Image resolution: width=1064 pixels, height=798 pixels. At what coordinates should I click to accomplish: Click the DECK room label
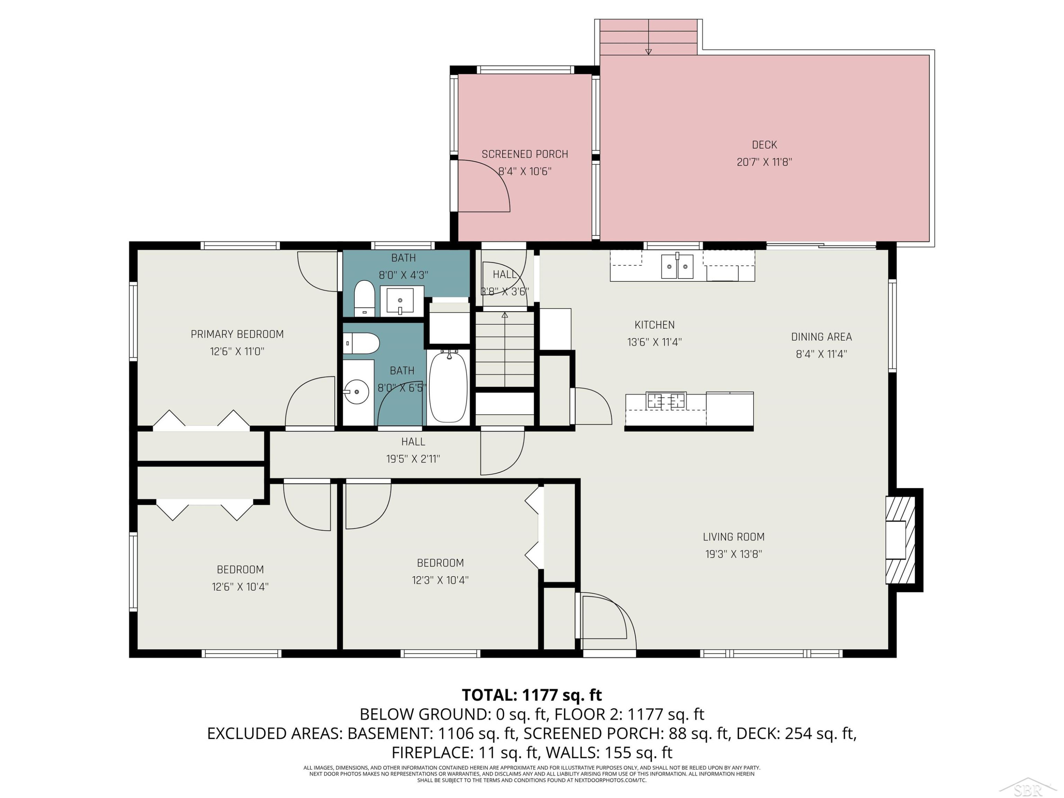pos(764,145)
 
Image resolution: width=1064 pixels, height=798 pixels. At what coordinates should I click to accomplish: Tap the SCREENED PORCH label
pos(525,154)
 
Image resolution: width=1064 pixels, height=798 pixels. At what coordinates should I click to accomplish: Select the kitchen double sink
pos(677,266)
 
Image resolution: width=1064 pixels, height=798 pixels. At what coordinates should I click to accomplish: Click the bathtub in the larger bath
pos(448,387)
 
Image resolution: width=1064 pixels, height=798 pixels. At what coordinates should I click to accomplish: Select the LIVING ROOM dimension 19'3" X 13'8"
pos(733,554)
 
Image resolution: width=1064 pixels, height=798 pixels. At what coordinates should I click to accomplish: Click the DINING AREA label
pos(821,337)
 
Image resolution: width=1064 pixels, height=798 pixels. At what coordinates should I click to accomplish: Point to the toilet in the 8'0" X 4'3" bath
pos(364,299)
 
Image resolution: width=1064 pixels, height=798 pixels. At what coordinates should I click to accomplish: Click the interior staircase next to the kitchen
pos(505,350)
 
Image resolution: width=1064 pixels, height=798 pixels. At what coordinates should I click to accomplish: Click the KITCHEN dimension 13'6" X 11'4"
pos(654,342)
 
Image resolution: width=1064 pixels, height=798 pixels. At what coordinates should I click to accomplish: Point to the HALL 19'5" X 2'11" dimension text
pos(413,459)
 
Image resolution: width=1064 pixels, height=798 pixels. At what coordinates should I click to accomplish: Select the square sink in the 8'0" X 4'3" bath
pos(400,301)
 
